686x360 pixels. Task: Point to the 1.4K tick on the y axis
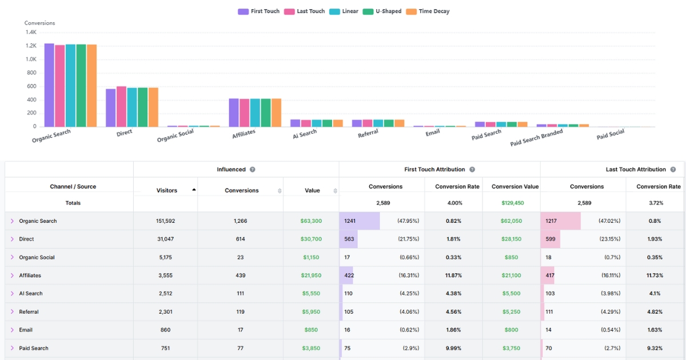click(x=31, y=32)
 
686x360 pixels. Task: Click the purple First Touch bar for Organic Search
click(x=49, y=85)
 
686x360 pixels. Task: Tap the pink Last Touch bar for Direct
click(x=121, y=106)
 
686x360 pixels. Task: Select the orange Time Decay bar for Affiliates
click(x=276, y=113)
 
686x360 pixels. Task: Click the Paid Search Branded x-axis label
click(x=536, y=138)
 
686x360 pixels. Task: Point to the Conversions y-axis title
click(x=39, y=23)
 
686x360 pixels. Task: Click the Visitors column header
click(x=166, y=190)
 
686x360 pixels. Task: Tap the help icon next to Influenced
click(x=252, y=170)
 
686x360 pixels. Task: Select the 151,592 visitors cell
click(x=166, y=221)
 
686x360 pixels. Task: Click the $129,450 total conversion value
click(x=511, y=203)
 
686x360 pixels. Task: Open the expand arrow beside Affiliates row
click(x=12, y=275)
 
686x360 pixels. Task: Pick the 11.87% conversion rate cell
click(x=453, y=275)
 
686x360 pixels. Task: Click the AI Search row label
click(x=31, y=294)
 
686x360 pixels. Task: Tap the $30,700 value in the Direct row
click(x=312, y=239)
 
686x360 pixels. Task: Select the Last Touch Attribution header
click(x=636, y=170)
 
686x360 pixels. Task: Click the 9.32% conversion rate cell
click(x=655, y=348)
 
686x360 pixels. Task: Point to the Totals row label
click(x=73, y=203)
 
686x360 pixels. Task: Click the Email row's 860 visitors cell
click(x=166, y=330)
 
